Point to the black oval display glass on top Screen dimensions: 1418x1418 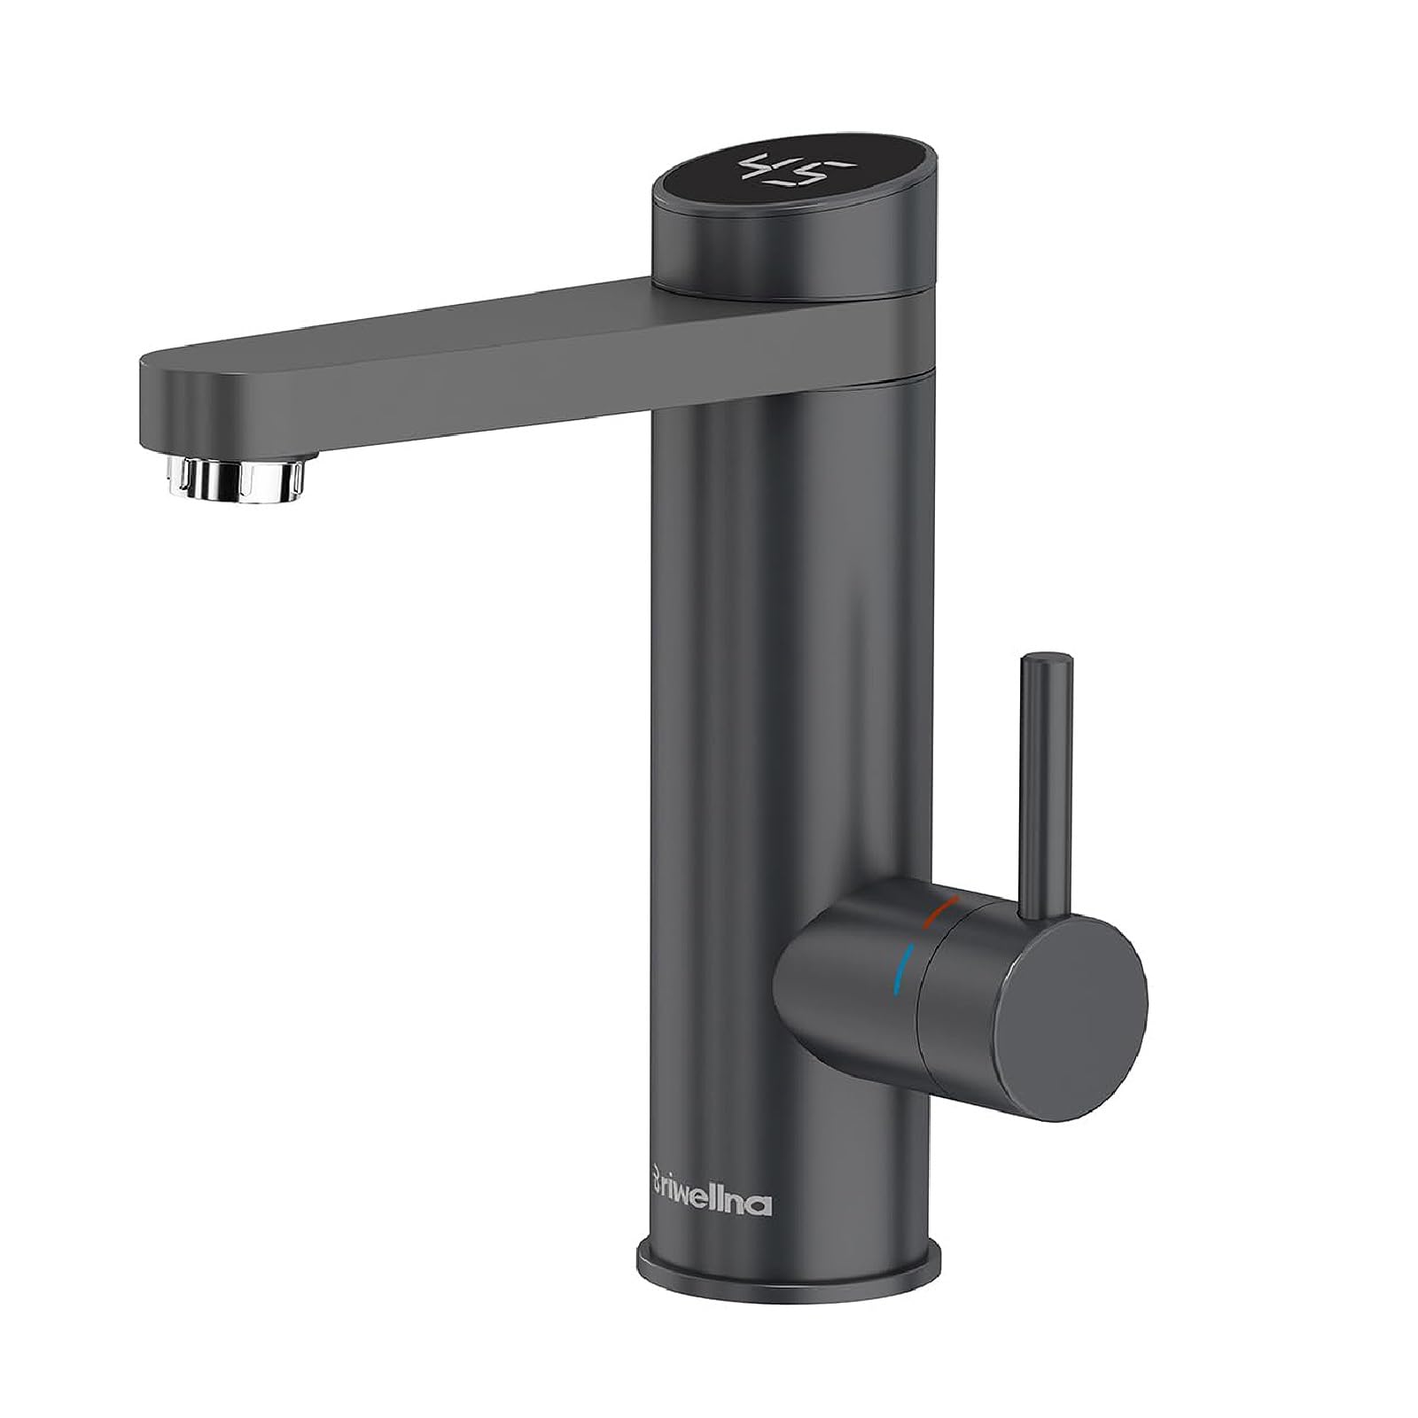click(762, 182)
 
